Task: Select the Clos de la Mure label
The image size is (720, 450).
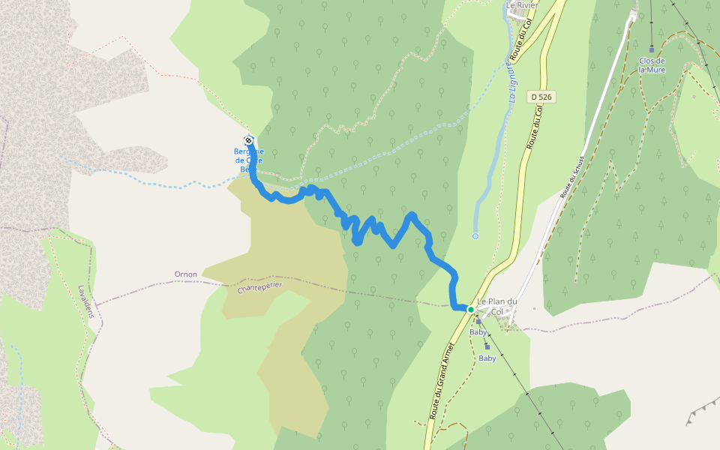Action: pyautogui.click(x=652, y=64)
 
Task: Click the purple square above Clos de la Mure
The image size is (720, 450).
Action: pyautogui.click(x=651, y=49)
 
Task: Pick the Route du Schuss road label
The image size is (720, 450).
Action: pyautogui.click(x=571, y=178)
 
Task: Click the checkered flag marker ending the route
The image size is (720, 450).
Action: pyautogui.click(x=248, y=140)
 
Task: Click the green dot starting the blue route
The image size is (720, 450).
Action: pyautogui.click(x=471, y=309)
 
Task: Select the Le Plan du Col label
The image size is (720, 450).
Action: pyautogui.click(x=496, y=306)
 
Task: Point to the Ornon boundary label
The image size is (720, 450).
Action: pyautogui.click(x=186, y=274)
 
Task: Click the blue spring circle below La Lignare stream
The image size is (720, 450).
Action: pyautogui.click(x=475, y=236)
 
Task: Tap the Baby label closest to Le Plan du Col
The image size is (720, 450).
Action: pyautogui.click(x=478, y=331)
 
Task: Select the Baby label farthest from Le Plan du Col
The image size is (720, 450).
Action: pyautogui.click(x=487, y=358)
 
